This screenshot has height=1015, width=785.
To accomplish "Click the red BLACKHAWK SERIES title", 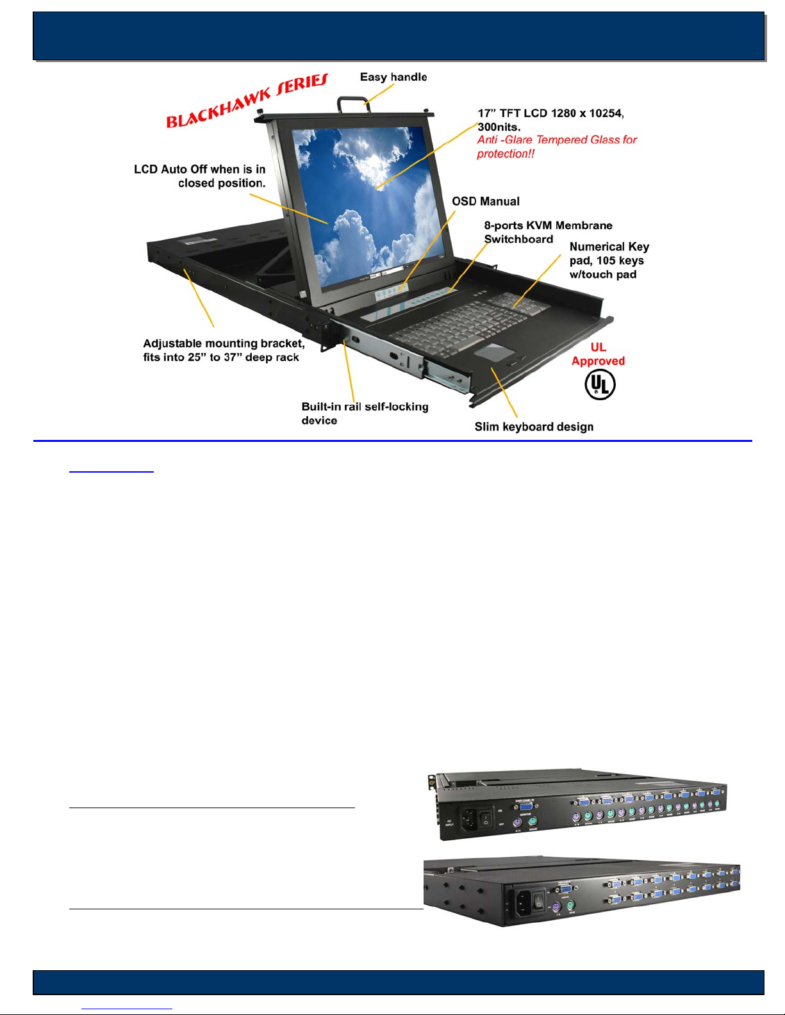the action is coord(247,101).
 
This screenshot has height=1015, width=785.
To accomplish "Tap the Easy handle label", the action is coord(393,77).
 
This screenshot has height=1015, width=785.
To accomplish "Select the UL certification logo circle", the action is coord(600,385).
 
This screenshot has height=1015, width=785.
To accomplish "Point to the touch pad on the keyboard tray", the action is coord(494,352).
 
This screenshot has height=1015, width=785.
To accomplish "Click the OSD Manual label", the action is coord(486,202).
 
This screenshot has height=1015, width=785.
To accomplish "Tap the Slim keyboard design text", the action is coord(534,427).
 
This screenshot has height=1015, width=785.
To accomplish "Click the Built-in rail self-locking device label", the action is coord(365,414).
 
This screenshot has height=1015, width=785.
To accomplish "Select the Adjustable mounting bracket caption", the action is coord(224,350).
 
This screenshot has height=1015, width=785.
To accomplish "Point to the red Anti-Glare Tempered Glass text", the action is coord(557,147).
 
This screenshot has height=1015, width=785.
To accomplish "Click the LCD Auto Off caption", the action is coord(200,176).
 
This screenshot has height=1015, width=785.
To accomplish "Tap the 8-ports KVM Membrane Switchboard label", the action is coord(548,232).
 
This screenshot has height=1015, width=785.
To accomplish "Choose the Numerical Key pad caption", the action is coord(609,261).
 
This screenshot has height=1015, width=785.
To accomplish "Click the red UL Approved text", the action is coord(598,354).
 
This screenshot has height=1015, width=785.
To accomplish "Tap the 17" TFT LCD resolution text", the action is coord(550,120).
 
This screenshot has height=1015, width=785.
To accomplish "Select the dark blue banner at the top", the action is coord(399,36).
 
